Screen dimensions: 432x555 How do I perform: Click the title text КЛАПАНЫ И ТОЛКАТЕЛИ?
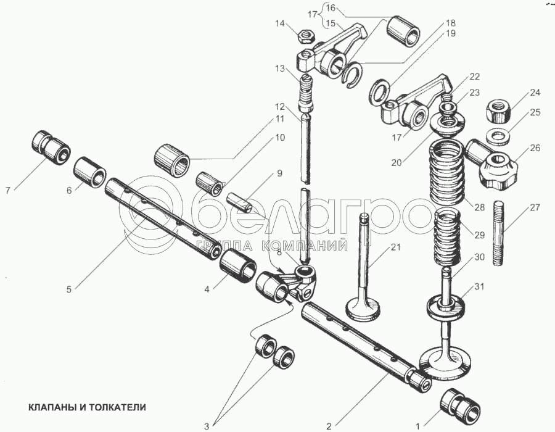[86, 408]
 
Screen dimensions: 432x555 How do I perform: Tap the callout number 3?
[207, 426]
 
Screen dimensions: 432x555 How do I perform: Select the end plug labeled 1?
[459, 404]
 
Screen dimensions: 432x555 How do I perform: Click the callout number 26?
[533, 147]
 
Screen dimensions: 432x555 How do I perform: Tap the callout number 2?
[329, 426]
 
